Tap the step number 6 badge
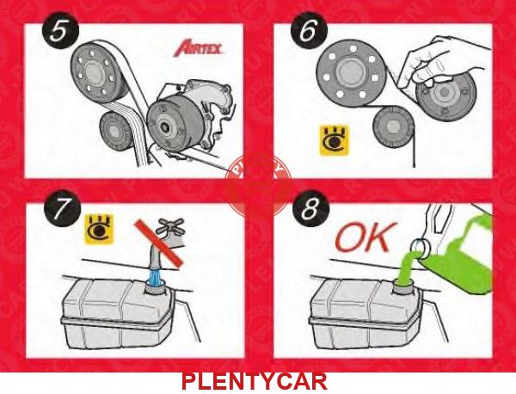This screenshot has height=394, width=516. [309, 31]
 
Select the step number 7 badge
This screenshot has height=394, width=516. [63, 208]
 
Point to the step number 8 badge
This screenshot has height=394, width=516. [310, 208]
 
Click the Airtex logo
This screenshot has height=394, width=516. [198, 48]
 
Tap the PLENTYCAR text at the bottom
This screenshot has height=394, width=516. [254, 381]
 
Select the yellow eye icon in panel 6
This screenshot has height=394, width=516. [335, 140]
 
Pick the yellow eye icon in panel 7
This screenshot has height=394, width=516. [99, 229]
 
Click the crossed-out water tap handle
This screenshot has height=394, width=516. [169, 226]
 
